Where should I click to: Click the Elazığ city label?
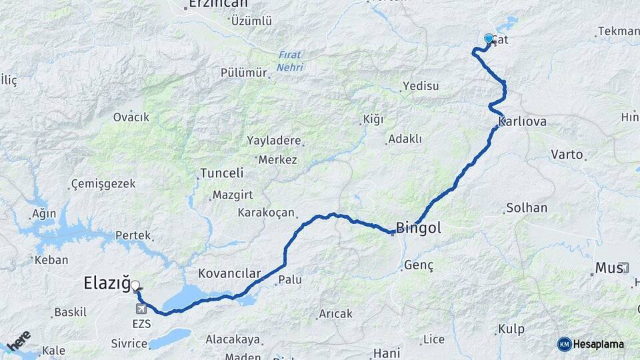[107, 283]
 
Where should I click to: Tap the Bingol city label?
[419, 229]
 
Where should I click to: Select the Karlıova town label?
[523, 122]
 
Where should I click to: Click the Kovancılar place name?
[229, 274]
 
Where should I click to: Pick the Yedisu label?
[421, 87]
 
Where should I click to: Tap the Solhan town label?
[527, 208]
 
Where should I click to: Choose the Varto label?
[567, 155]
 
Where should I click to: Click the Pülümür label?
[243, 73]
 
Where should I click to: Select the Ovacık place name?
[131, 117]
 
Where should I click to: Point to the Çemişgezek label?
[103, 183]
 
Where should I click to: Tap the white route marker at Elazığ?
[135, 286]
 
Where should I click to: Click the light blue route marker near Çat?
[489, 39]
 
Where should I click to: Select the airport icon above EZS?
[141, 309]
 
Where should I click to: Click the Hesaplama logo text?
[599, 345]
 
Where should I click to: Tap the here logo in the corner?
[19, 341]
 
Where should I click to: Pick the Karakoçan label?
[266, 213]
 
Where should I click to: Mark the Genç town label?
[419, 266]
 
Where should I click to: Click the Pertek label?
[133, 236]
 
